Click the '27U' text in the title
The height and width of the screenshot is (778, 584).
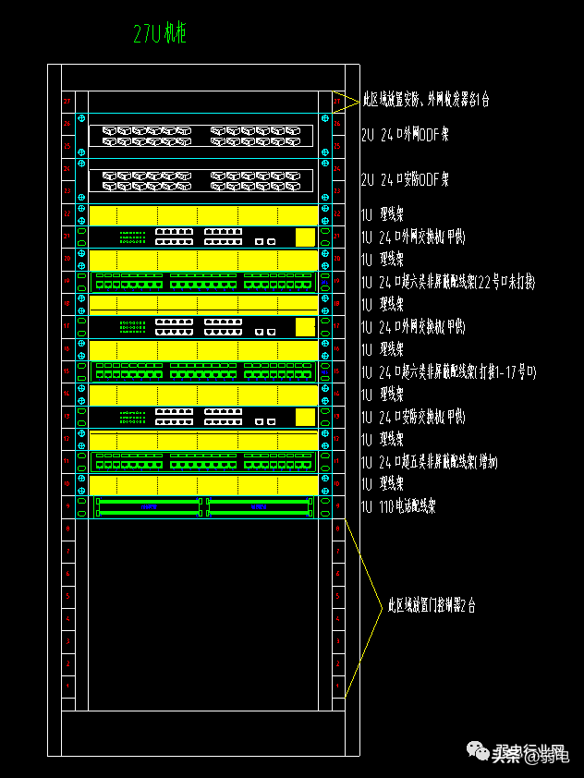[147, 35]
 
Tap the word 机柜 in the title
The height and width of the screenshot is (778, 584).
[175, 35]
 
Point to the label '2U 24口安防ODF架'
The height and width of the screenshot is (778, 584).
[405, 179]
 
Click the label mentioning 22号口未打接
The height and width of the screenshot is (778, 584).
[448, 282]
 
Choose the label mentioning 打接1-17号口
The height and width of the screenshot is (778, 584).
[448, 371]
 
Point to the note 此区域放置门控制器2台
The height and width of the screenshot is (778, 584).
[432, 606]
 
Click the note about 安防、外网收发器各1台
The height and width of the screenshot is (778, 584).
[425, 98]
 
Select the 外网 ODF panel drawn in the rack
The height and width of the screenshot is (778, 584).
[201, 135]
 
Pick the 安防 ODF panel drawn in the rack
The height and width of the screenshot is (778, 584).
[201, 179]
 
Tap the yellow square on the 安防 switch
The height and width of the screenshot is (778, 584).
[304, 417]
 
